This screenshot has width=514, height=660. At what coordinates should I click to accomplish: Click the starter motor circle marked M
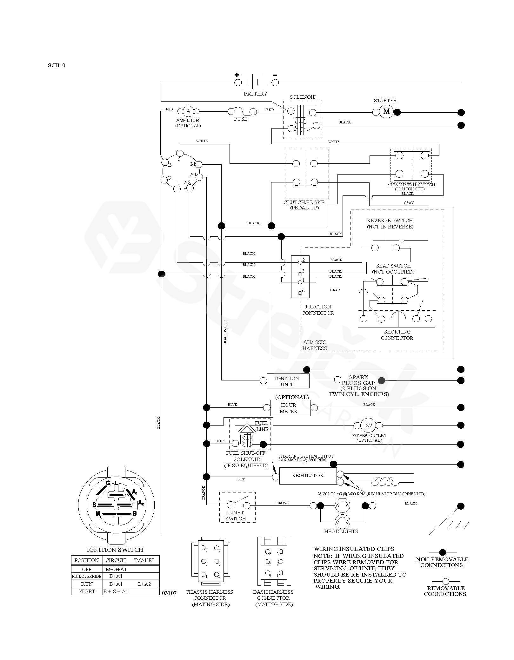(x=386, y=111)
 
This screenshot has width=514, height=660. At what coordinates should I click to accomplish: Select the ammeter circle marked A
(x=188, y=111)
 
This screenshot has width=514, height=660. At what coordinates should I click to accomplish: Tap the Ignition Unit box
(x=288, y=381)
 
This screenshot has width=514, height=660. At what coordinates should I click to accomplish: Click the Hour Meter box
(x=290, y=408)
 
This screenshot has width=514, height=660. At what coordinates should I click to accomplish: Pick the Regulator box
(x=308, y=476)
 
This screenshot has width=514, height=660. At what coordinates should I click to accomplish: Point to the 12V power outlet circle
(x=368, y=425)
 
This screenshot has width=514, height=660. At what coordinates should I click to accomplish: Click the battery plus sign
(x=237, y=75)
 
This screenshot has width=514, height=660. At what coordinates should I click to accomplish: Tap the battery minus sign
(x=275, y=75)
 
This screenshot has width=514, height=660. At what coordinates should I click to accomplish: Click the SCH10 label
(x=57, y=66)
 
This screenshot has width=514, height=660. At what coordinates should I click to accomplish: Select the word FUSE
(x=241, y=119)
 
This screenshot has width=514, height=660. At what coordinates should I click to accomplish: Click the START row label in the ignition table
(x=86, y=591)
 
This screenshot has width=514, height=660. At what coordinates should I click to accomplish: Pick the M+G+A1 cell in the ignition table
(x=116, y=569)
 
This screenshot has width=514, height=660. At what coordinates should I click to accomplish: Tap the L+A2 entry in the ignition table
(x=144, y=584)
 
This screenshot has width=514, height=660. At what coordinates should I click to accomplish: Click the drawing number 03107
(x=169, y=593)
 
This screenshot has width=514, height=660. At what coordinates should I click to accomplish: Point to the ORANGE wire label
(x=204, y=493)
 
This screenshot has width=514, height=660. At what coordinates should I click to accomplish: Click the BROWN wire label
(x=283, y=503)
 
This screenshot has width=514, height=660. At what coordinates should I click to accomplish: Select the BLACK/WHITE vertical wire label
(x=225, y=332)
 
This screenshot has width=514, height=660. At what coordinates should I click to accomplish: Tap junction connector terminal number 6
(x=303, y=290)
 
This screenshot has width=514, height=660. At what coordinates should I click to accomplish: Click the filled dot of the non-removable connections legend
(x=443, y=552)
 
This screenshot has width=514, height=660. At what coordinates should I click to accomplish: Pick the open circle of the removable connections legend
(x=446, y=581)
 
